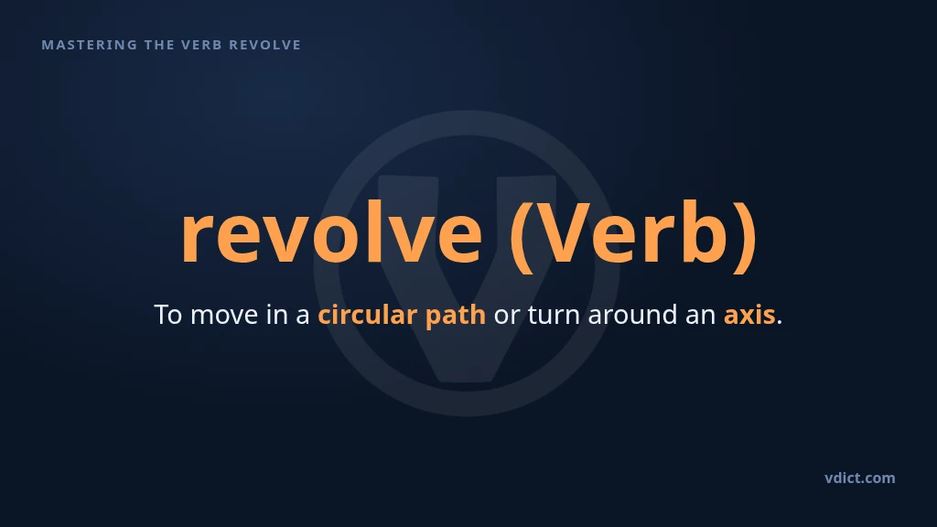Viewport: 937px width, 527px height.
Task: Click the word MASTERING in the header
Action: pos(90,45)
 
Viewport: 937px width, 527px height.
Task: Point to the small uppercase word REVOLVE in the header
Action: pos(265,45)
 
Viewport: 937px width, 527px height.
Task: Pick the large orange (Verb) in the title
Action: pos(633,235)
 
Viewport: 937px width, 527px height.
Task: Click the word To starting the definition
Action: pos(168,315)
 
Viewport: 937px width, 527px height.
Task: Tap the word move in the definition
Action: pos(224,316)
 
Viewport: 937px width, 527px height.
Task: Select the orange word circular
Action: pos(368,315)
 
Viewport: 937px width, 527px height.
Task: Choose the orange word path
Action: pos(456,316)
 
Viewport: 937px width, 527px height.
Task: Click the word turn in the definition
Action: pos(554,315)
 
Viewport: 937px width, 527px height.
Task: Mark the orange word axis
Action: pos(749,315)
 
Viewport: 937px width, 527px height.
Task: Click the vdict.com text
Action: pos(860,478)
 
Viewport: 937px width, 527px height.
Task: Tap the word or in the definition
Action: pos(507,316)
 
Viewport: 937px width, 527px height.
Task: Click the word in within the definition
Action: pos(277,315)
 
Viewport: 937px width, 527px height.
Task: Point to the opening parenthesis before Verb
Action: pos(521,237)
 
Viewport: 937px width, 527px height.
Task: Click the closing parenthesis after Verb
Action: pos(746,237)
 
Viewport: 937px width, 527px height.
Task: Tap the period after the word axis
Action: pos(780,323)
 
